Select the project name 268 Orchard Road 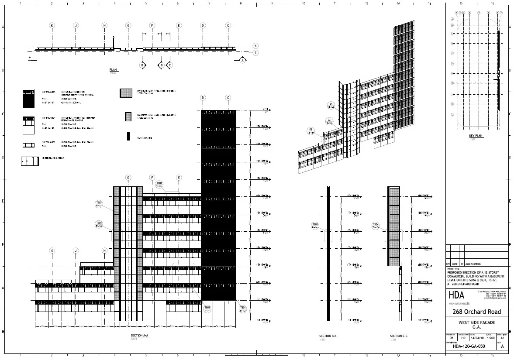(477, 312)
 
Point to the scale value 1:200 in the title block (490, 338)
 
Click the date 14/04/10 (476, 338)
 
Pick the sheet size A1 (503, 338)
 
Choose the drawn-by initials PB (451, 338)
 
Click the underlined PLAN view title (114, 70)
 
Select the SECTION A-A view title (140, 336)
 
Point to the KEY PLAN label (476, 136)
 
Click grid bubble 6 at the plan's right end (255, 46)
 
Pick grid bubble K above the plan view (52, 25)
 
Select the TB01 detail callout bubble (243, 309)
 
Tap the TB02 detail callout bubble (207, 309)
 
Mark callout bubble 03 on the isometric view (311, 130)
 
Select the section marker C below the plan (170, 65)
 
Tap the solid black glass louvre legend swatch (128, 136)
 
